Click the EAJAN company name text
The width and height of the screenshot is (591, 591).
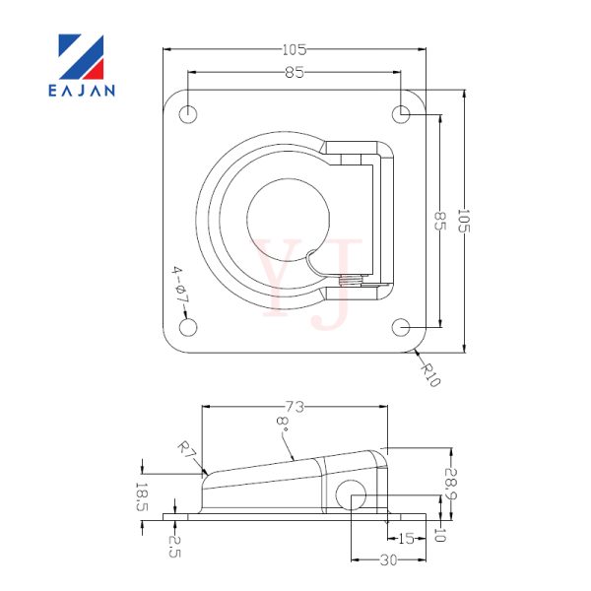[82, 91]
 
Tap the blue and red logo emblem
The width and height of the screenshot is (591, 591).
[81, 57]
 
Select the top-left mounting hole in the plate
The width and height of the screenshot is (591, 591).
[188, 114]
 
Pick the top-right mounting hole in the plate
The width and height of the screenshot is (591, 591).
[401, 114]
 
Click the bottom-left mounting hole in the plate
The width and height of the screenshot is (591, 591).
[188, 327]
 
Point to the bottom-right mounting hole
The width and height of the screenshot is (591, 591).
[401, 327]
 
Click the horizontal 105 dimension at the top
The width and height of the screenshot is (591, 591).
[295, 49]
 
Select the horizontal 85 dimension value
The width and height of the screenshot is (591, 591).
[295, 72]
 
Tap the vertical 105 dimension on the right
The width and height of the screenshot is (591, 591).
[463, 221]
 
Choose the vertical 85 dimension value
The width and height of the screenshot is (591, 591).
[440, 221]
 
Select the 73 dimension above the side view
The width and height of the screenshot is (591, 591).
[295, 407]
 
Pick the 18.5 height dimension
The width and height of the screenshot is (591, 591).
[141, 497]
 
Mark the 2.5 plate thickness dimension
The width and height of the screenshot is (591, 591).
[174, 547]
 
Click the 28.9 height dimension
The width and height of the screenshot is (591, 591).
[450, 484]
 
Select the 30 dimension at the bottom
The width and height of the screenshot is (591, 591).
[389, 560]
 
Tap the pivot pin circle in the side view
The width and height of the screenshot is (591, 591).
[352, 494]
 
